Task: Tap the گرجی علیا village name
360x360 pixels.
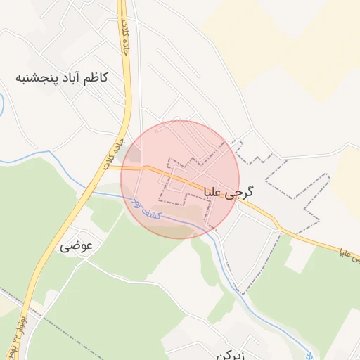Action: tap(229, 191)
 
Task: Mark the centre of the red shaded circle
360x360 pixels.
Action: tap(180, 179)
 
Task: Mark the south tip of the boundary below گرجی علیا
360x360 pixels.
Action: tap(240, 291)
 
